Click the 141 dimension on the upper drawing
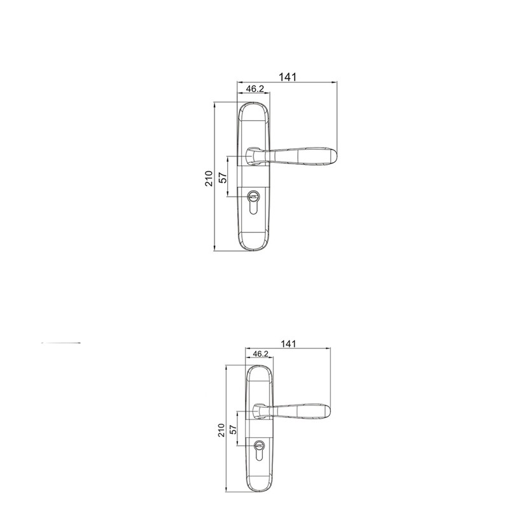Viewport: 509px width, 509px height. coord(288,77)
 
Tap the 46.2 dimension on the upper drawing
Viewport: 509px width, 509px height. coord(255,88)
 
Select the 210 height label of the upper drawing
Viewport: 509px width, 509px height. coord(209,179)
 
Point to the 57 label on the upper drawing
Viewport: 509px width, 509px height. coord(223,178)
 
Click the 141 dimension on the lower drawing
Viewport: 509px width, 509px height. coord(288,344)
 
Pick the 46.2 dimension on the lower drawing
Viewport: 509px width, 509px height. coord(261,354)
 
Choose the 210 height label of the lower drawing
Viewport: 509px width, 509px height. coord(221,430)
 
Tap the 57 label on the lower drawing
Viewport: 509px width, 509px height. coord(233,430)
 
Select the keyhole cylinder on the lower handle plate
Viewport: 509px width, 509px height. coord(259,450)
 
